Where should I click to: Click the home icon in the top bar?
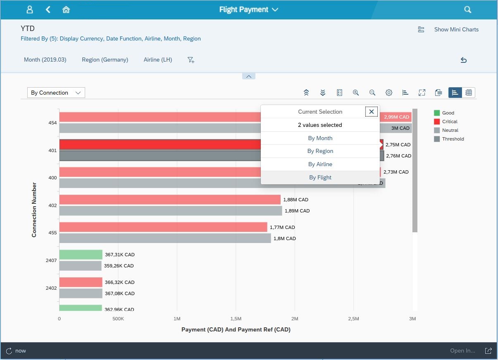click(66, 10)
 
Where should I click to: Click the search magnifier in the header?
click(467, 10)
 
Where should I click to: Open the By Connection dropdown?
click(56, 93)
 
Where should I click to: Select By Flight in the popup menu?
click(320, 177)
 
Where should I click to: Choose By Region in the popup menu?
click(320, 151)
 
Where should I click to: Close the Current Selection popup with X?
click(371, 112)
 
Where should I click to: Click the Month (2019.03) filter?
click(45, 60)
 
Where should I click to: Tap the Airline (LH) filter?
click(157, 60)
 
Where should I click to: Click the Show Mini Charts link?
click(456, 29)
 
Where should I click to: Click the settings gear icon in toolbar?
click(388, 93)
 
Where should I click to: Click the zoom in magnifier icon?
click(355, 93)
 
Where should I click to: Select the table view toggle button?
click(469, 93)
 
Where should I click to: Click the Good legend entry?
click(448, 113)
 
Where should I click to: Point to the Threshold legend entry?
click(453, 139)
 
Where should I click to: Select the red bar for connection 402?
click(169, 200)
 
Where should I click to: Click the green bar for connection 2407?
click(81, 255)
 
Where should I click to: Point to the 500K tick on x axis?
click(118, 319)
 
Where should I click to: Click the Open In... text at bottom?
click(462, 350)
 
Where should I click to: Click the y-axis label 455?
click(52, 233)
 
